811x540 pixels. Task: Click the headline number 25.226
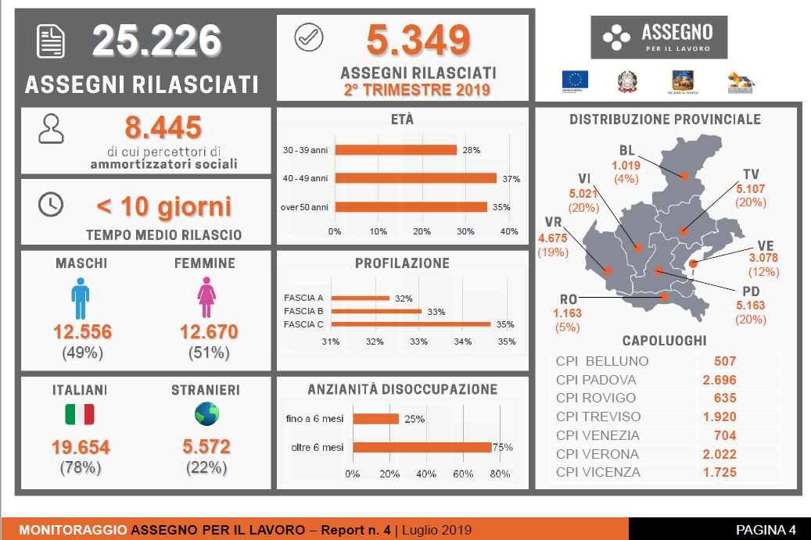(156, 41)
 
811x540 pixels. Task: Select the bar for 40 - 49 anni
(415, 178)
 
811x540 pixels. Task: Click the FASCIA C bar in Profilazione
(411, 324)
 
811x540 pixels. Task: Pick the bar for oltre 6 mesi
(422, 448)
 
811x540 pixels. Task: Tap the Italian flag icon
(79, 414)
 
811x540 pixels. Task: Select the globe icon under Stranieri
(206, 413)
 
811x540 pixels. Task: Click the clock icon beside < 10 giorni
(51, 204)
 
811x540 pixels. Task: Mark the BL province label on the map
(626, 151)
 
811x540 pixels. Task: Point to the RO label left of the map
(569, 300)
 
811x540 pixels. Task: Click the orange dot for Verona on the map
(608, 271)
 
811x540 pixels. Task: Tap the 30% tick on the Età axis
(465, 231)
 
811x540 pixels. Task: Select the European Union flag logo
(575, 80)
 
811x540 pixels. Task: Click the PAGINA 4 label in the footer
(765, 530)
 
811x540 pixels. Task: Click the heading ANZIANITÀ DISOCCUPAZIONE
(403, 389)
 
